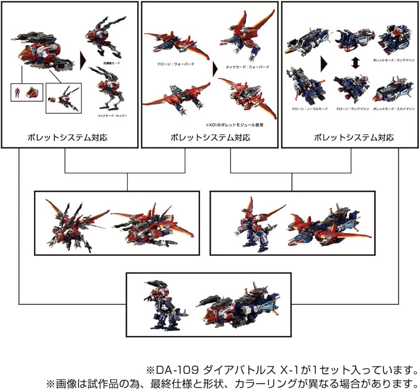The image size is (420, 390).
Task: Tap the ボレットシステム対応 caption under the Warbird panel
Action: [210, 138]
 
